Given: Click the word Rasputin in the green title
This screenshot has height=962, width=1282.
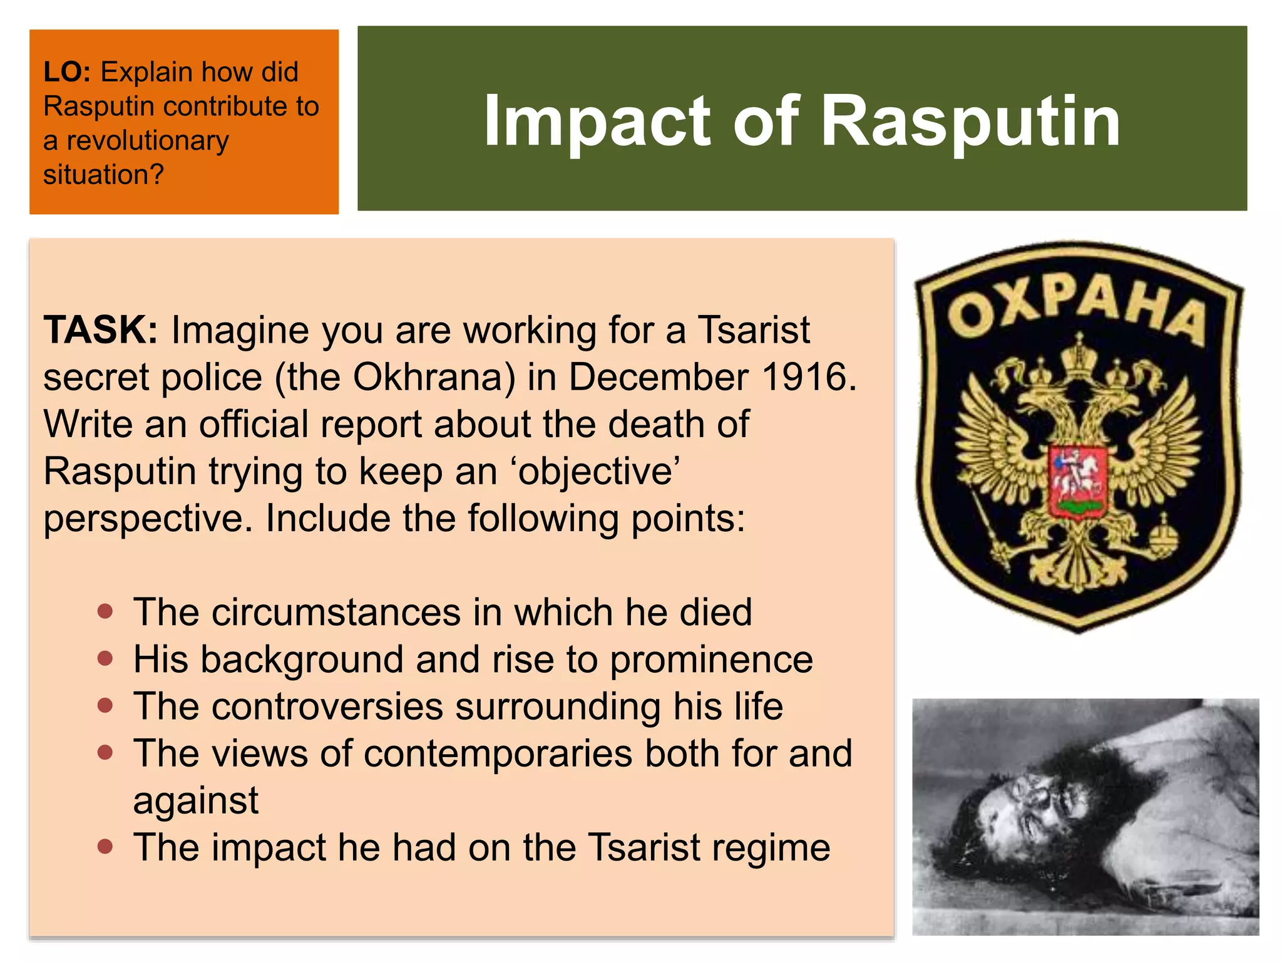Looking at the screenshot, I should [970, 120].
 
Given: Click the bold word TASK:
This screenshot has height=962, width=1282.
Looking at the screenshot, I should [100, 329].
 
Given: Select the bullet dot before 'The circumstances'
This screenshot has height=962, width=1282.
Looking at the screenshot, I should [105, 612].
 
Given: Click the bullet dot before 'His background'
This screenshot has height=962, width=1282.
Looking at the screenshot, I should [105, 659].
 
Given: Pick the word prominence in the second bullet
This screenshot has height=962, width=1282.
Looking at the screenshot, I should [710, 660].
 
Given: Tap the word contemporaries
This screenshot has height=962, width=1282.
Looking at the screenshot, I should [498, 753].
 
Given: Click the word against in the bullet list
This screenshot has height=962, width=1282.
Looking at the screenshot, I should [195, 801].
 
